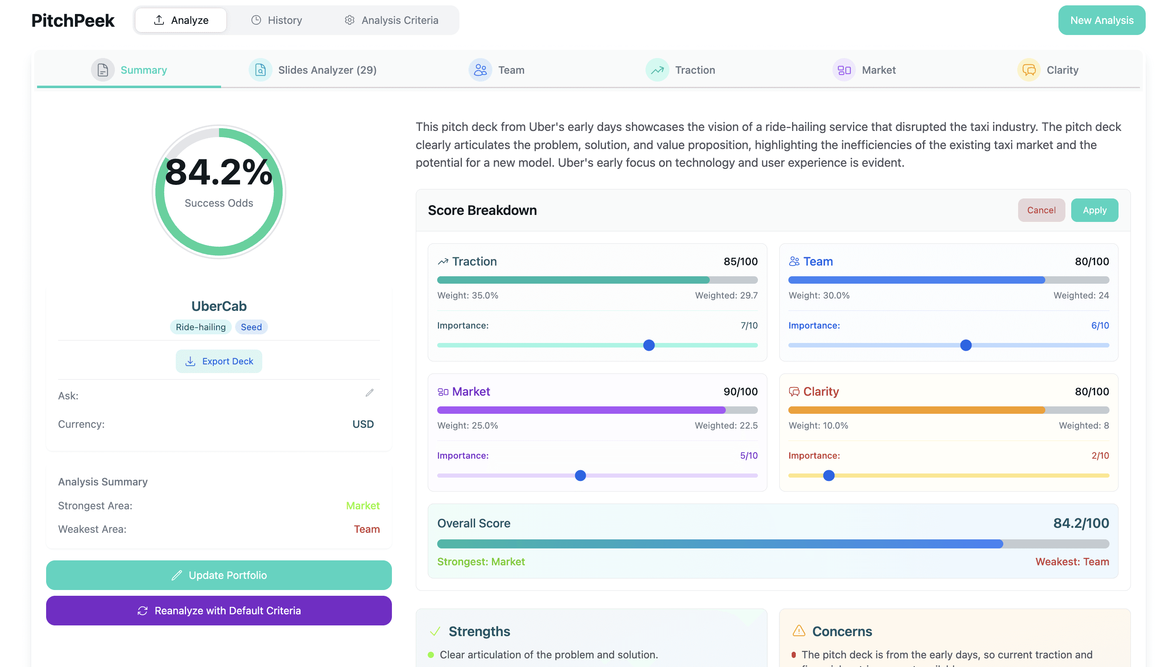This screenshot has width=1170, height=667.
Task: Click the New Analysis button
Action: [1101, 20]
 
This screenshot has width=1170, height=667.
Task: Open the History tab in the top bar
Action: [276, 20]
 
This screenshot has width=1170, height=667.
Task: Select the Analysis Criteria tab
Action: [392, 20]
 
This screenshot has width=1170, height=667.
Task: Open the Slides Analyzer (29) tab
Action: [313, 70]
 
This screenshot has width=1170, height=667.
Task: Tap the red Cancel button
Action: [1041, 210]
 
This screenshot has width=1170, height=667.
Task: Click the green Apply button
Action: [1094, 210]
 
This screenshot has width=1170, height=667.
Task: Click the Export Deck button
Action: [219, 361]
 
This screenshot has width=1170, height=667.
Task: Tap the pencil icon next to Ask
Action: [370, 393]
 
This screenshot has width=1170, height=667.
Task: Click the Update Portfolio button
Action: [219, 575]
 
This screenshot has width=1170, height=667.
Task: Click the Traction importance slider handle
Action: [649, 345]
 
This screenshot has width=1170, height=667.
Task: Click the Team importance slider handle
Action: [966, 345]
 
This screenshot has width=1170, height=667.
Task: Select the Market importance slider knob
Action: [580, 476]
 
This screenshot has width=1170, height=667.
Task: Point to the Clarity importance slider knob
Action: [829, 476]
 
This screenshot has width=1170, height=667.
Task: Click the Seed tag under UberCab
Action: [252, 327]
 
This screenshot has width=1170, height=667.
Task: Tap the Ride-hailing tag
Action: [200, 327]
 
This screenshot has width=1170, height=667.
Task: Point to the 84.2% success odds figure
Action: [219, 172]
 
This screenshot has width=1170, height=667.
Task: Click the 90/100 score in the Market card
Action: [741, 392]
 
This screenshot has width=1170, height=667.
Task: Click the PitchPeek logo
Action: [73, 20]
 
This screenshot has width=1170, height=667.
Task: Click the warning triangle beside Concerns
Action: [799, 631]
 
